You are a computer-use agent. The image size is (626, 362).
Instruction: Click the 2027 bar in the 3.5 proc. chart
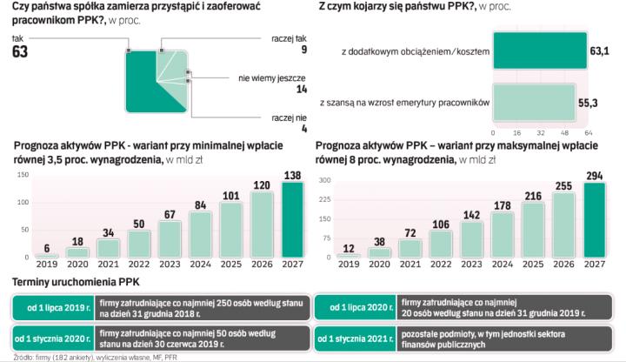coord(292,220)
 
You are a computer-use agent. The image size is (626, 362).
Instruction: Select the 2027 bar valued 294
coord(596,220)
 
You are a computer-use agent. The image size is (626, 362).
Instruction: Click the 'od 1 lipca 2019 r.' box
coord(53,307)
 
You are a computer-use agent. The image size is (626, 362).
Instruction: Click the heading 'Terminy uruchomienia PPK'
coord(71,282)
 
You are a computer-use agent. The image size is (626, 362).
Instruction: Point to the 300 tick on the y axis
coord(326,181)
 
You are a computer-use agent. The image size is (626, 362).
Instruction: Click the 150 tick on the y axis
coord(326,219)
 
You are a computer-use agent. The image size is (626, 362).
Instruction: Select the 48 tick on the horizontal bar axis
coord(565,133)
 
